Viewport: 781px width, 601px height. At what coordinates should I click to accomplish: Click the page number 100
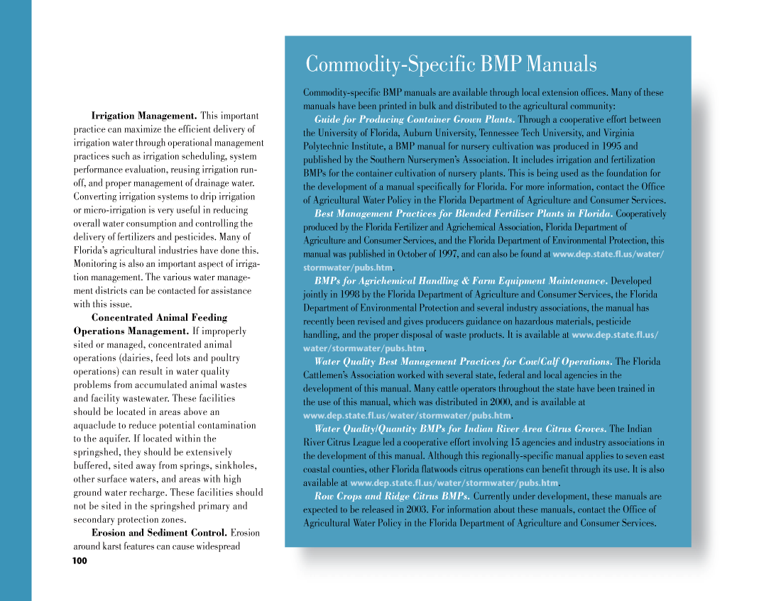pyautogui.click(x=80, y=561)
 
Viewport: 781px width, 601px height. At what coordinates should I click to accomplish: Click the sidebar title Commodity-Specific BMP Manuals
pyautogui.click(x=451, y=65)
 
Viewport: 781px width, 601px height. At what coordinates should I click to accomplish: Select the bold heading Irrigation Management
pyautogui.click(x=144, y=116)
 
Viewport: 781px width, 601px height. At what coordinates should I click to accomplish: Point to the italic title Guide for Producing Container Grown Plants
pyautogui.click(x=415, y=119)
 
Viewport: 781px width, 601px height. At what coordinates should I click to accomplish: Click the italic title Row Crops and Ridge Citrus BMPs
pyautogui.click(x=392, y=496)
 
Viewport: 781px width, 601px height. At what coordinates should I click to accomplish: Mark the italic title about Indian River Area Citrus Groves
pyautogui.click(x=460, y=429)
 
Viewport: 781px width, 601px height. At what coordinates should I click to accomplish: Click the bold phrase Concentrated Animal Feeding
pyautogui.click(x=159, y=317)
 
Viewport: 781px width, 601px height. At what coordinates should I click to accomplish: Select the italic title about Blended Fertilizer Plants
pyautogui.click(x=464, y=214)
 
